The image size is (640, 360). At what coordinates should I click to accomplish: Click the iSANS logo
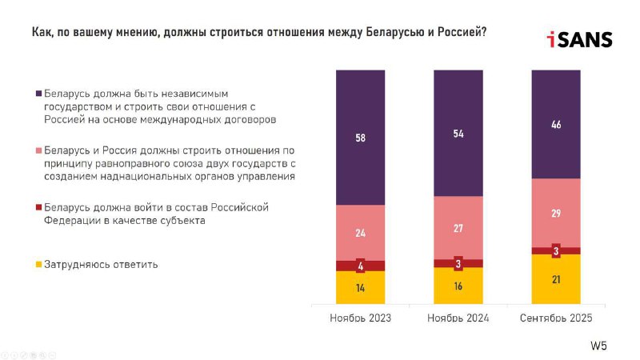click(x=579, y=39)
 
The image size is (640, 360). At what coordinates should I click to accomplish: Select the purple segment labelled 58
click(x=361, y=137)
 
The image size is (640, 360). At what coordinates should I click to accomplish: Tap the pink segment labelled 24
click(x=361, y=233)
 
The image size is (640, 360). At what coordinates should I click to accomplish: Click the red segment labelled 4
click(x=361, y=266)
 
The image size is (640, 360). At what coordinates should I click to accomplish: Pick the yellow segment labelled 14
click(x=361, y=287)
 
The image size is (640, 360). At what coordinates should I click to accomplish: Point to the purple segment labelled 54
click(x=458, y=133)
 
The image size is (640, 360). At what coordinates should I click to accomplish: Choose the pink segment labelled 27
click(x=458, y=228)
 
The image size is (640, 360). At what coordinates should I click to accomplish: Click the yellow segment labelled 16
click(x=458, y=286)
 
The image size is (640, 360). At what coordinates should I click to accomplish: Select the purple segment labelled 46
click(x=556, y=124)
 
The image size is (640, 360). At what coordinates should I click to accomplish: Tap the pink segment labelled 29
click(x=556, y=213)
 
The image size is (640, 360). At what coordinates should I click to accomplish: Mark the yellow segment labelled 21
click(x=556, y=279)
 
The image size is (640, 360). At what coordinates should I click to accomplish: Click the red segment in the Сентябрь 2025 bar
click(x=556, y=251)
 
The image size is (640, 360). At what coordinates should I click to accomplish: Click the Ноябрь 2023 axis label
click(x=361, y=318)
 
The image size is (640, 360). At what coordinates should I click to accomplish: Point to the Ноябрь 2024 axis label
click(x=458, y=318)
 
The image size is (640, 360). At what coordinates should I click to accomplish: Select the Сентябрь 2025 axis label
click(x=556, y=318)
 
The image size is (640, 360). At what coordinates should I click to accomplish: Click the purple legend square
click(x=38, y=94)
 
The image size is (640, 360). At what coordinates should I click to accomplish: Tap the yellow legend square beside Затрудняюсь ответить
click(x=38, y=265)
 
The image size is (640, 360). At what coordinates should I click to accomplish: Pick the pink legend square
click(x=38, y=150)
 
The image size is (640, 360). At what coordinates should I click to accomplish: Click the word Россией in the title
click(x=462, y=32)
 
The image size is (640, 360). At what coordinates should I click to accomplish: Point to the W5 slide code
click(x=598, y=346)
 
